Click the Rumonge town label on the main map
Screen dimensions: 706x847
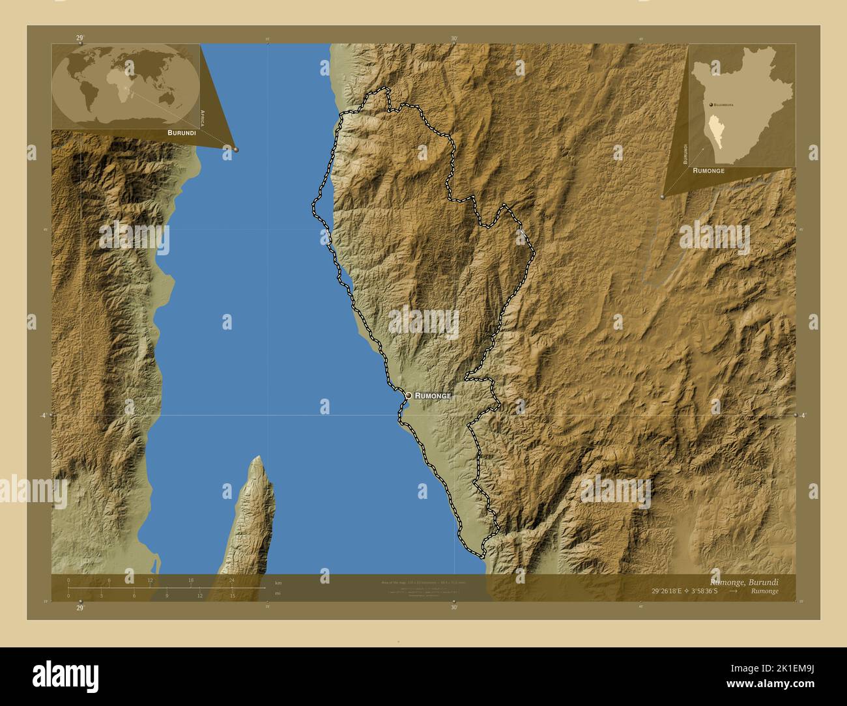pyautogui.click(x=433, y=395)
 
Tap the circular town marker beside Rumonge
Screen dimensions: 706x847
pyautogui.click(x=409, y=395)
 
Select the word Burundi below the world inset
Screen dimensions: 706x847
pyautogui.click(x=182, y=132)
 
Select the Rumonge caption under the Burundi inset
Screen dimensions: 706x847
pyautogui.click(x=708, y=170)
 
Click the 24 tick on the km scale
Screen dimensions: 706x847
pyautogui.click(x=231, y=580)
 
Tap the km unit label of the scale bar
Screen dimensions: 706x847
pyautogui.click(x=278, y=583)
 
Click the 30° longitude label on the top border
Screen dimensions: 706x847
pyautogui.click(x=454, y=38)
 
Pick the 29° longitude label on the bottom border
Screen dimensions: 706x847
pyautogui.click(x=79, y=608)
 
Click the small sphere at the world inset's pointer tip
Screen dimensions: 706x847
pyautogui.click(x=236, y=149)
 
